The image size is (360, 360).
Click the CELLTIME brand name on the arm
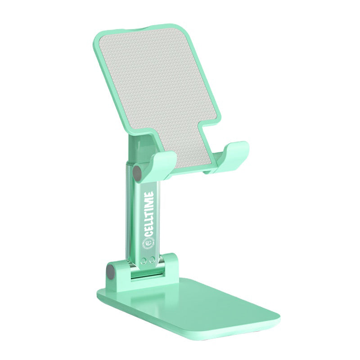coord(149,213)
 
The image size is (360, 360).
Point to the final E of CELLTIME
coord(149,194)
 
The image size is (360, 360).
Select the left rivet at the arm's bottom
coord(144,261)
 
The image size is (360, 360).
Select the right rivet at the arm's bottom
coord(152,260)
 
